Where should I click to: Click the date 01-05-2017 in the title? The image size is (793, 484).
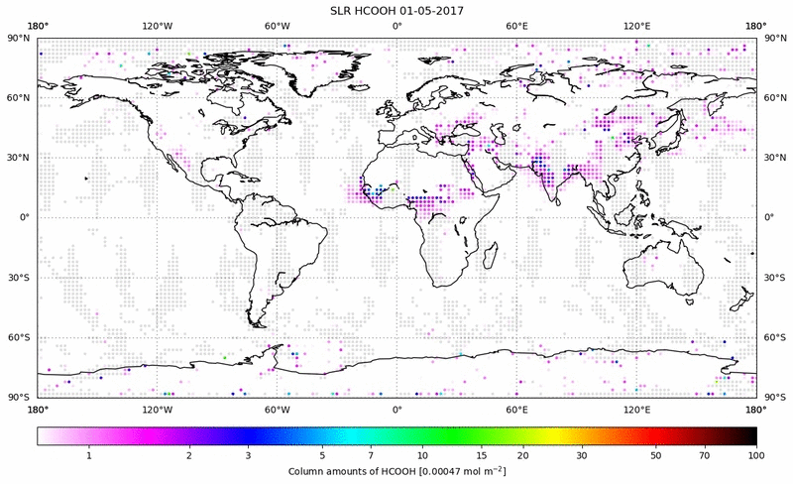pyautogui.click(x=432, y=10)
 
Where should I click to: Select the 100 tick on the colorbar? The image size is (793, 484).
pyautogui.click(x=756, y=455)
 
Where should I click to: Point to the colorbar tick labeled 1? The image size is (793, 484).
pyautogui.click(x=89, y=455)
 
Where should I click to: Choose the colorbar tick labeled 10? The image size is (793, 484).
pyautogui.click(x=422, y=455)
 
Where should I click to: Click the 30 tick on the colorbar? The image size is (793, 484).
pyautogui.click(x=582, y=455)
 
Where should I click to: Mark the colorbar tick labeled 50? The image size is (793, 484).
pyautogui.click(x=655, y=455)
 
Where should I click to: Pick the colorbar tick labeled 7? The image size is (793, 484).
pyautogui.click(x=371, y=455)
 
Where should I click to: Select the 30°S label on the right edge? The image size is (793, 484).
pyautogui.click(x=774, y=278)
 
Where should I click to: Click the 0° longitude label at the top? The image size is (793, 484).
pyautogui.click(x=396, y=25)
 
